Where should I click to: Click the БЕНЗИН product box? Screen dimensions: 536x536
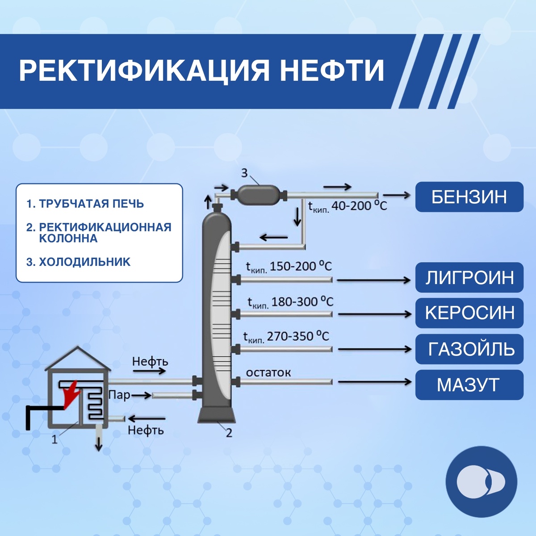pyautogui.click(x=469, y=197)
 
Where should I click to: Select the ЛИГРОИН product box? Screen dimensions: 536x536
pyautogui.click(x=469, y=277)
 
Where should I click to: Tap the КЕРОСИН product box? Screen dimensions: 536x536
pyautogui.click(x=469, y=313)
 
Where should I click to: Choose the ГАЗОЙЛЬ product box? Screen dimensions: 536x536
pyautogui.click(x=469, y=349)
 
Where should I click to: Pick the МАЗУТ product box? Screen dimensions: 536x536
pyautogui.click(x=469, y=385)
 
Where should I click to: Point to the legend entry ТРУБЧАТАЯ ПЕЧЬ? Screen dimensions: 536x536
pyautogui.click(x=85, y=204)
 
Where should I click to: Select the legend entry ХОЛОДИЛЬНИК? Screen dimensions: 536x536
pyautogui.click(x=79, y=262)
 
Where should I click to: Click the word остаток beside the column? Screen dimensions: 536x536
pyautogui.click(x=268, y=372)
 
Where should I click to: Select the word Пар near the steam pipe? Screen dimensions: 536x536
pyautogui.click(x=119, y=395)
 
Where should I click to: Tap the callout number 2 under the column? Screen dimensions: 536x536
pyautogui.click(x=229, y=433)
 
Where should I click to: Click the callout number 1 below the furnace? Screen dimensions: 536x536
pyautogui.click(x=54, y=440)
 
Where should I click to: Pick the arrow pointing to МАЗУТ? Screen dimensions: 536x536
pyautogui.click(x=374, y=382)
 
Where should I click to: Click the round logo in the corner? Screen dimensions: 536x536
pyautogui.click(x=481, y=482)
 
